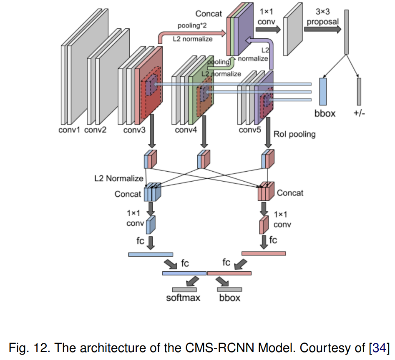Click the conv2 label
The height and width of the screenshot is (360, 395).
point(95,130)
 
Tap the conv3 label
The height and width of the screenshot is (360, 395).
point(134,130)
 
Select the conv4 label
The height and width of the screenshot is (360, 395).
point(186,130)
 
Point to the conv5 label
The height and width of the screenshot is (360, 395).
point(250,130)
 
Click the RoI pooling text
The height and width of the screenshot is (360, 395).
point(294,134)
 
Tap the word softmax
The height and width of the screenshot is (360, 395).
point(183,298)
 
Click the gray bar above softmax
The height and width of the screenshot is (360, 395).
point(184,289)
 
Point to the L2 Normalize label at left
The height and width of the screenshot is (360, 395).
point(118,178)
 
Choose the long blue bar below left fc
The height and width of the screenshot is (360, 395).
point(150,254)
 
